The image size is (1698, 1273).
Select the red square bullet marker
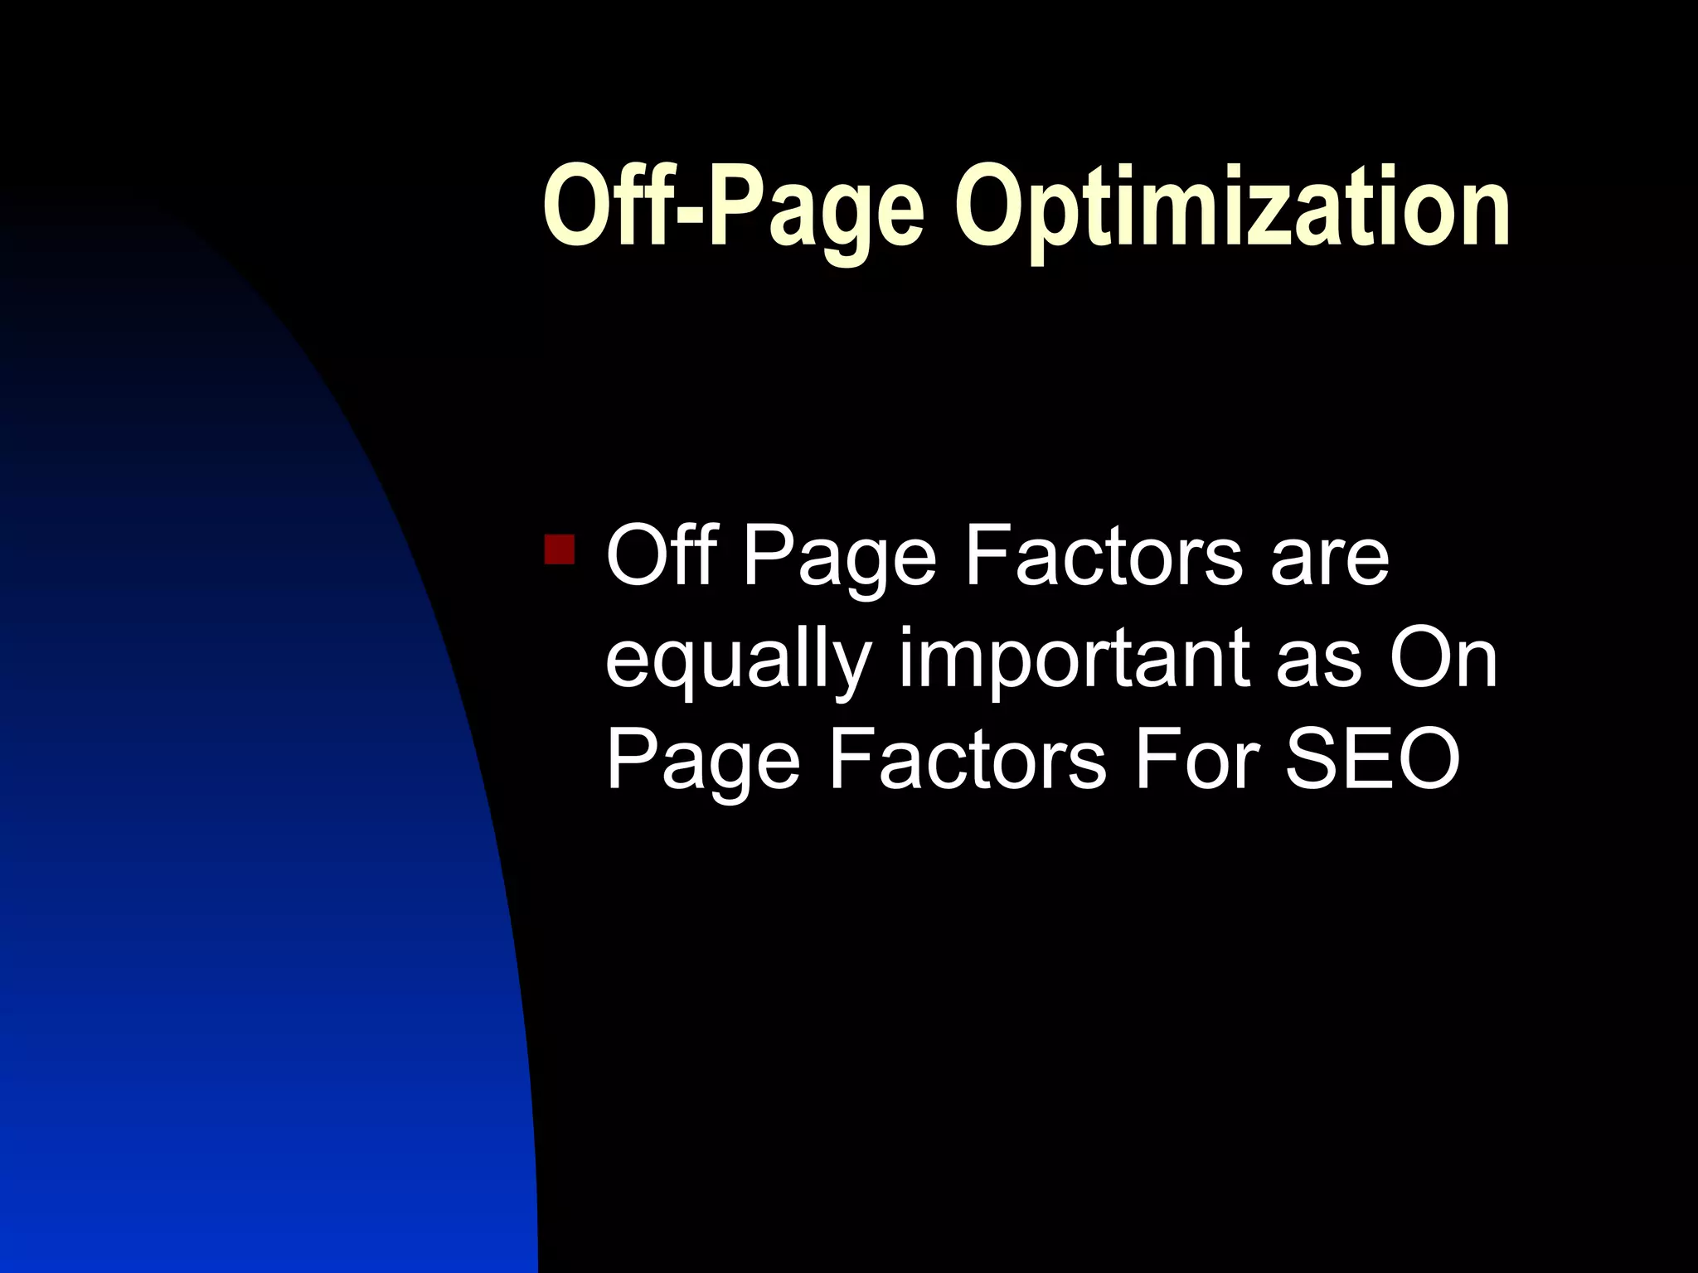click(x=560, y=549)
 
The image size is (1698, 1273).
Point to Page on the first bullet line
click(x=838, y=560)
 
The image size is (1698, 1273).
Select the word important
click(x=1074, y=660)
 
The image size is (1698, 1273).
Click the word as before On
click(x=1318, y=663)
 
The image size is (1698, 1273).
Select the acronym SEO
click(x=1372, y=760)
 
